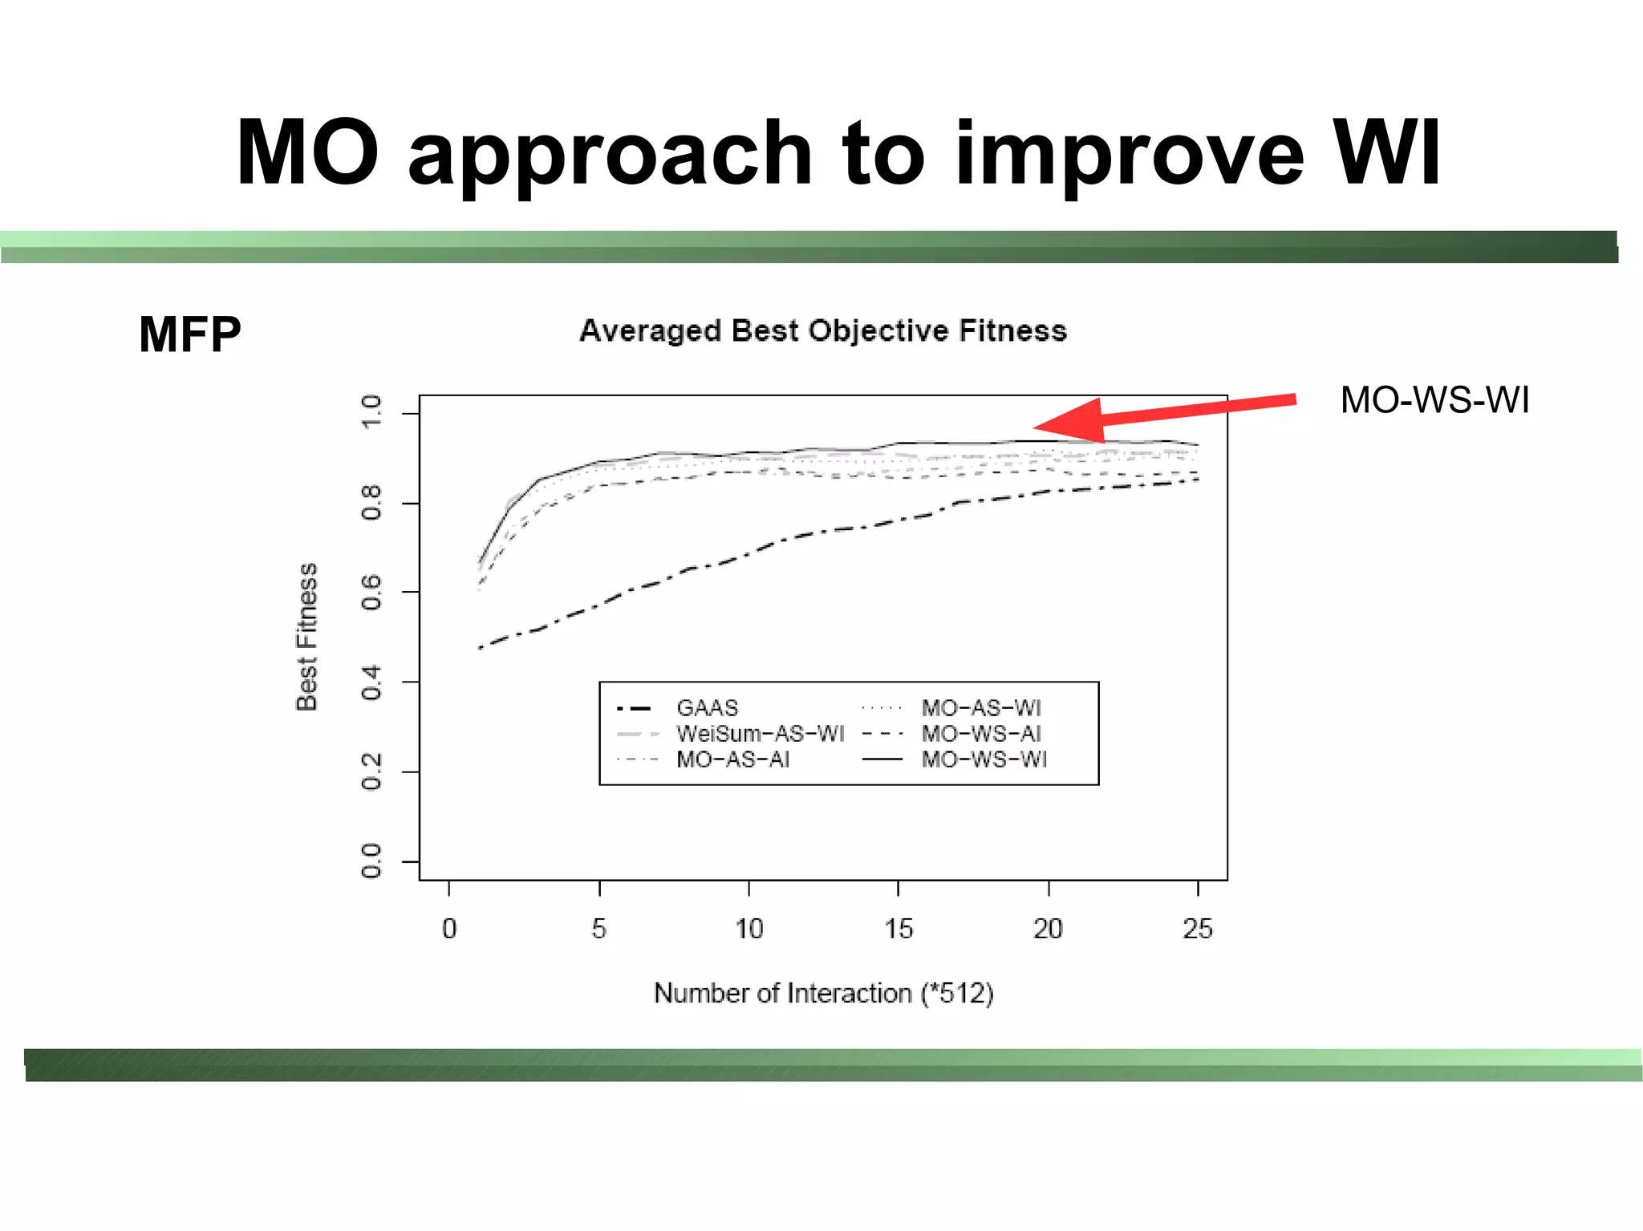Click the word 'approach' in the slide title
610,154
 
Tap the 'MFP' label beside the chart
189,334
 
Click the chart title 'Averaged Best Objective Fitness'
822,330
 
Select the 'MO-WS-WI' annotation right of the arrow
1434,400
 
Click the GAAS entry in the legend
706,708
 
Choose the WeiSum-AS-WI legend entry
759,734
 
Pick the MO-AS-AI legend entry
732,759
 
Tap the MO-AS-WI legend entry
980,708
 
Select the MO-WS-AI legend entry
980,734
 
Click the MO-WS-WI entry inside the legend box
984,759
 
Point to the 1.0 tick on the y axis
371,412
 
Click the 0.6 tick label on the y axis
371,592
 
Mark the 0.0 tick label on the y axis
371,861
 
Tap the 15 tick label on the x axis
899,929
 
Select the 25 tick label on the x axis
1198,929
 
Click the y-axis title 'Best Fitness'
307,637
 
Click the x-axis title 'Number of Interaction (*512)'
823,993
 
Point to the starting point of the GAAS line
480,647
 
